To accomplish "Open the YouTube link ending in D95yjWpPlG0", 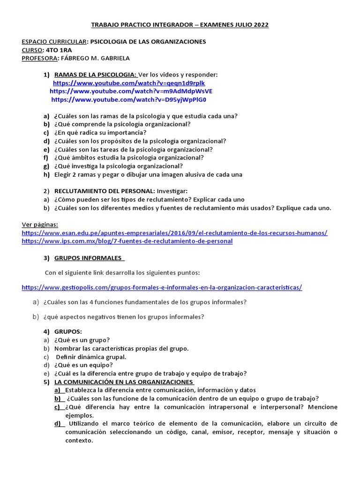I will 128,99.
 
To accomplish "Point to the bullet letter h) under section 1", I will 46,174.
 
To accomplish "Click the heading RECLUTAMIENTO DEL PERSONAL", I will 105,191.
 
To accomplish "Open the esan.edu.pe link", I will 174,233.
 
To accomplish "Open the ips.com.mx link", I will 127,241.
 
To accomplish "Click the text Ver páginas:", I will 40,225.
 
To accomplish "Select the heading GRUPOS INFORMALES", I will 88,258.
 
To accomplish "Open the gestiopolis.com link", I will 162,287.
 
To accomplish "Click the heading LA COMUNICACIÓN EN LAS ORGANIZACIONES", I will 124,382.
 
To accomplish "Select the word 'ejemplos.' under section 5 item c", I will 79,415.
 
